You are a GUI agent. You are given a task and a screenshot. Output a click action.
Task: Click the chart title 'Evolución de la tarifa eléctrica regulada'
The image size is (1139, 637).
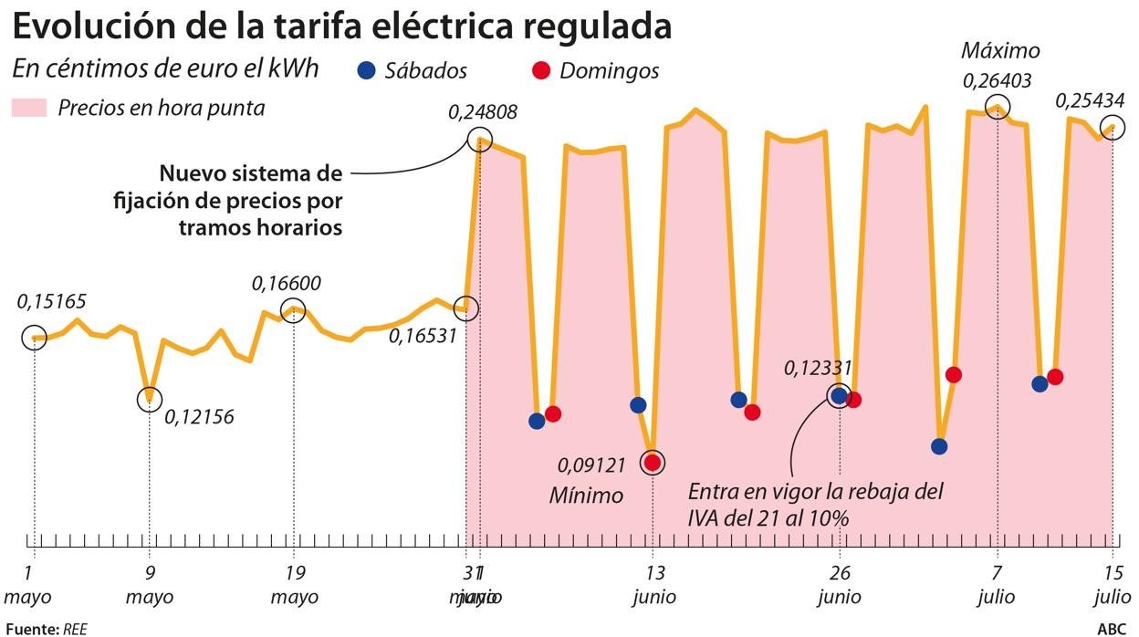click(x=341, y=26)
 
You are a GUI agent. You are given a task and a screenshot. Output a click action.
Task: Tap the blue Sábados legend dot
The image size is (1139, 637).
click(x=366, y=70)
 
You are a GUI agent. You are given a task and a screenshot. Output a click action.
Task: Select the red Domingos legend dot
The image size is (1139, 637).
click(x=541, y=70)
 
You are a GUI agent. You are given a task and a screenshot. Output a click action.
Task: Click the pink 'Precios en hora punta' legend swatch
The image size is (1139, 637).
click(x=26, y=109)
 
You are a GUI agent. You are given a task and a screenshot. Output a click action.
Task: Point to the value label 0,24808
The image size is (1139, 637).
click(x=483, y=113)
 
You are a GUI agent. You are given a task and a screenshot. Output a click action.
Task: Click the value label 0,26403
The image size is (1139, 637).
click(x=997, y=81)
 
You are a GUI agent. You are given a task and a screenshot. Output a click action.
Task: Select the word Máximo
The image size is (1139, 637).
click(x=1001, y=51)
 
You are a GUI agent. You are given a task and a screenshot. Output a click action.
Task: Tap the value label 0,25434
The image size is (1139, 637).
click(x=1091, y=100)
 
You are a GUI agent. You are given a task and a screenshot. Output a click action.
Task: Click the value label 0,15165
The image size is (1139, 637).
click(x=52, y=302)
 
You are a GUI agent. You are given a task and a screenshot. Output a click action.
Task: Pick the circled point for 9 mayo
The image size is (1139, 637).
click(x=149, y=399)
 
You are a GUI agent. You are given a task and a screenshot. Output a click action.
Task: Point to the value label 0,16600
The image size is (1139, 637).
click(x=286, y=284)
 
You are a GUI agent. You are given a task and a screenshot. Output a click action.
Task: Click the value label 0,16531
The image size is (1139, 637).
click(x=423, y=336)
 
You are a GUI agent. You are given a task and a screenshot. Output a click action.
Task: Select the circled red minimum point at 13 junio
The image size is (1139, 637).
click(x=653, y=462)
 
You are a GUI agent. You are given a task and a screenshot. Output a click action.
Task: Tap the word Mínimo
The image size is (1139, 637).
click(x=586, y=496)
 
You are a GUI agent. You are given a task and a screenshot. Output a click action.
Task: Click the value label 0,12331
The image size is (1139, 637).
click(x=818, y=369)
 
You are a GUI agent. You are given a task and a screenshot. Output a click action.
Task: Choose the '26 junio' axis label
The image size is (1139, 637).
click(x=840, y=586)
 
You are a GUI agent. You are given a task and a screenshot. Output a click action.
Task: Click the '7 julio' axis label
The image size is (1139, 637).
click(x=998, y=586)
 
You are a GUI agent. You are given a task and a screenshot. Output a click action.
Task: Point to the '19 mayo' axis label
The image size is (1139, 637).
click(x=294, y=586)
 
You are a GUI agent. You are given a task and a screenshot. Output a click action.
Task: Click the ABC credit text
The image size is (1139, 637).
click(x=1111, y=629)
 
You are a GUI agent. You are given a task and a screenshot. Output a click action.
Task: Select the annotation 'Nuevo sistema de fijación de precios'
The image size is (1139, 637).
click(x=251, y=200)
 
